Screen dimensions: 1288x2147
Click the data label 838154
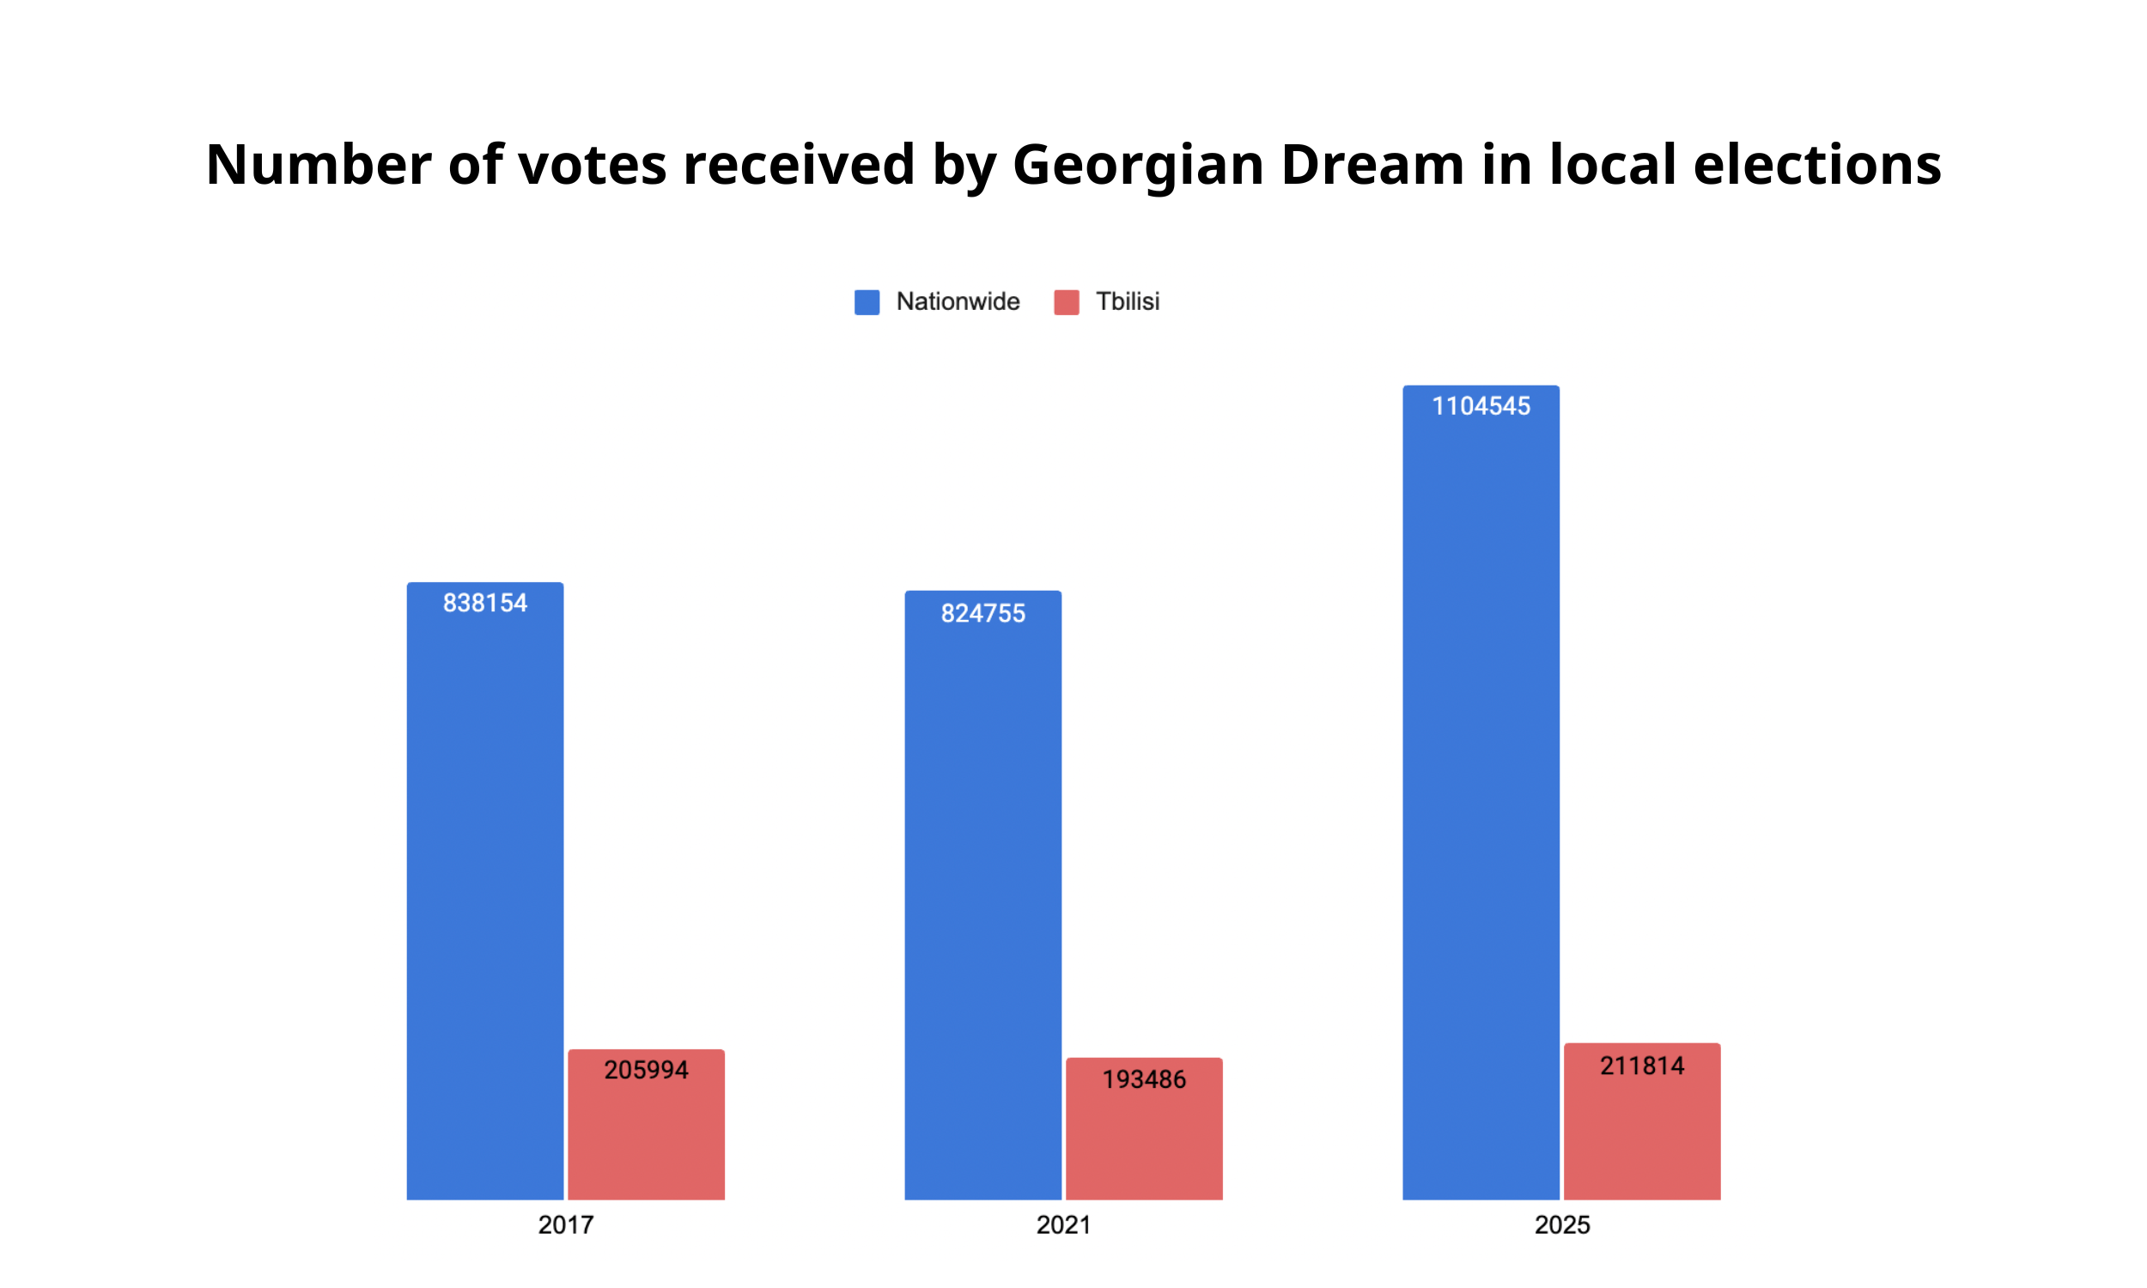point(485,603)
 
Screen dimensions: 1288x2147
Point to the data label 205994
point(646,1070)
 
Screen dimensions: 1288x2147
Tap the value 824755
point(982,614)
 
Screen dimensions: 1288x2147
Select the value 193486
point(1144,1079)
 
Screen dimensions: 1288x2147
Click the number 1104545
point(1481,406)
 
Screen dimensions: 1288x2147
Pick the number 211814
point(1642,1066)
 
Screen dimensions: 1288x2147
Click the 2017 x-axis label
point(566,1225)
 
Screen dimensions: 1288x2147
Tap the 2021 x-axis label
point(1063,1225)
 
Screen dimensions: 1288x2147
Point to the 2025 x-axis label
point(1562,1225)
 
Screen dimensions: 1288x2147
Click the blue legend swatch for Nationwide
point(867,302)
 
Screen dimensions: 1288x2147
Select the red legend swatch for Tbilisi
point(1067,302)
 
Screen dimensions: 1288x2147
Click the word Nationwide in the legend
point(958,302)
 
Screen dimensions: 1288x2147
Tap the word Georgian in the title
point(1138,165)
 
